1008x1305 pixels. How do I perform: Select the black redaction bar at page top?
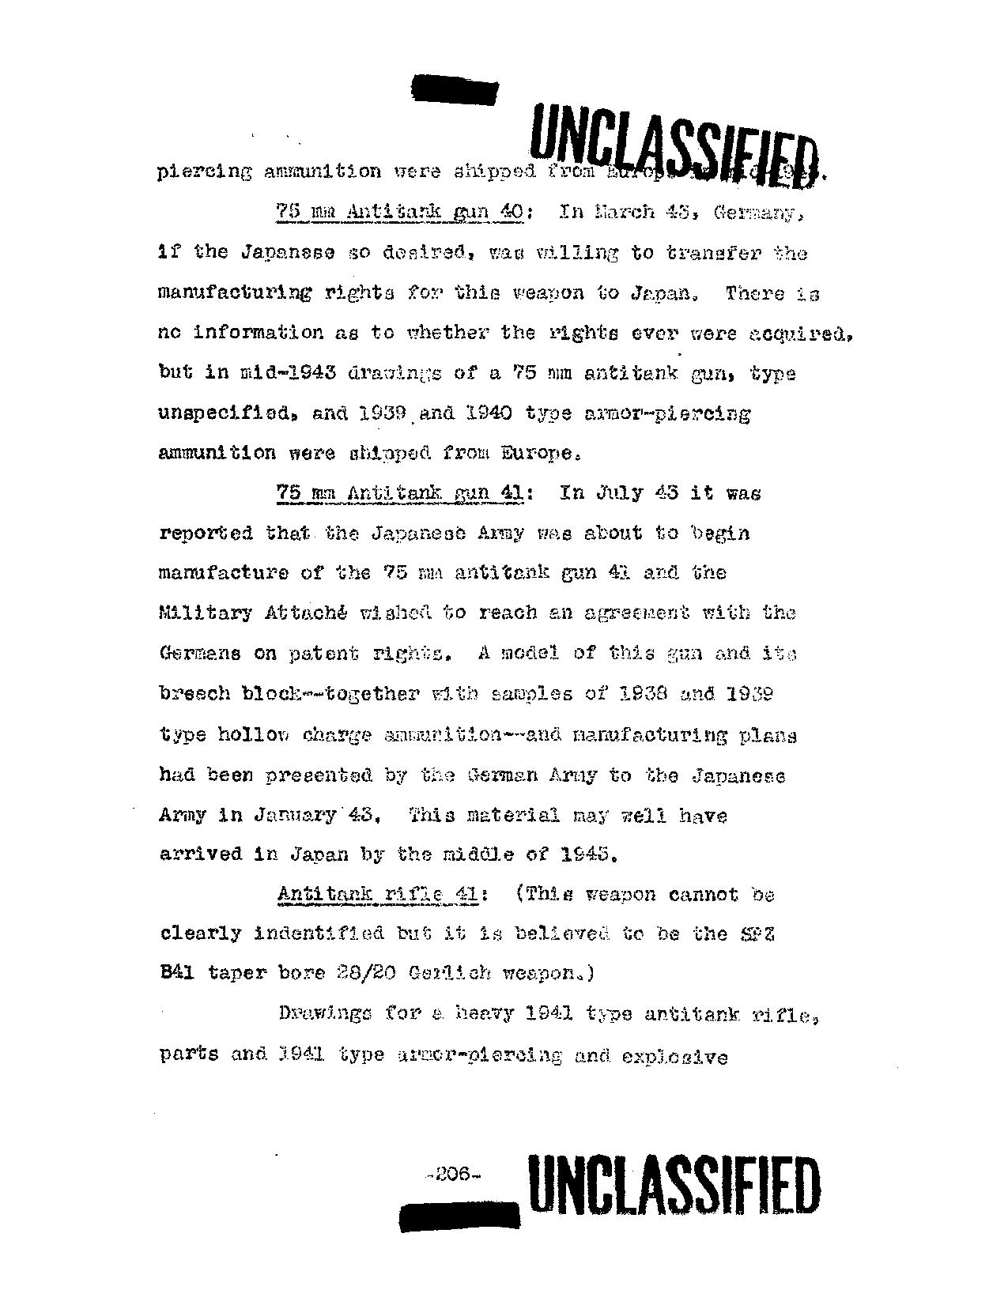455,88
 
